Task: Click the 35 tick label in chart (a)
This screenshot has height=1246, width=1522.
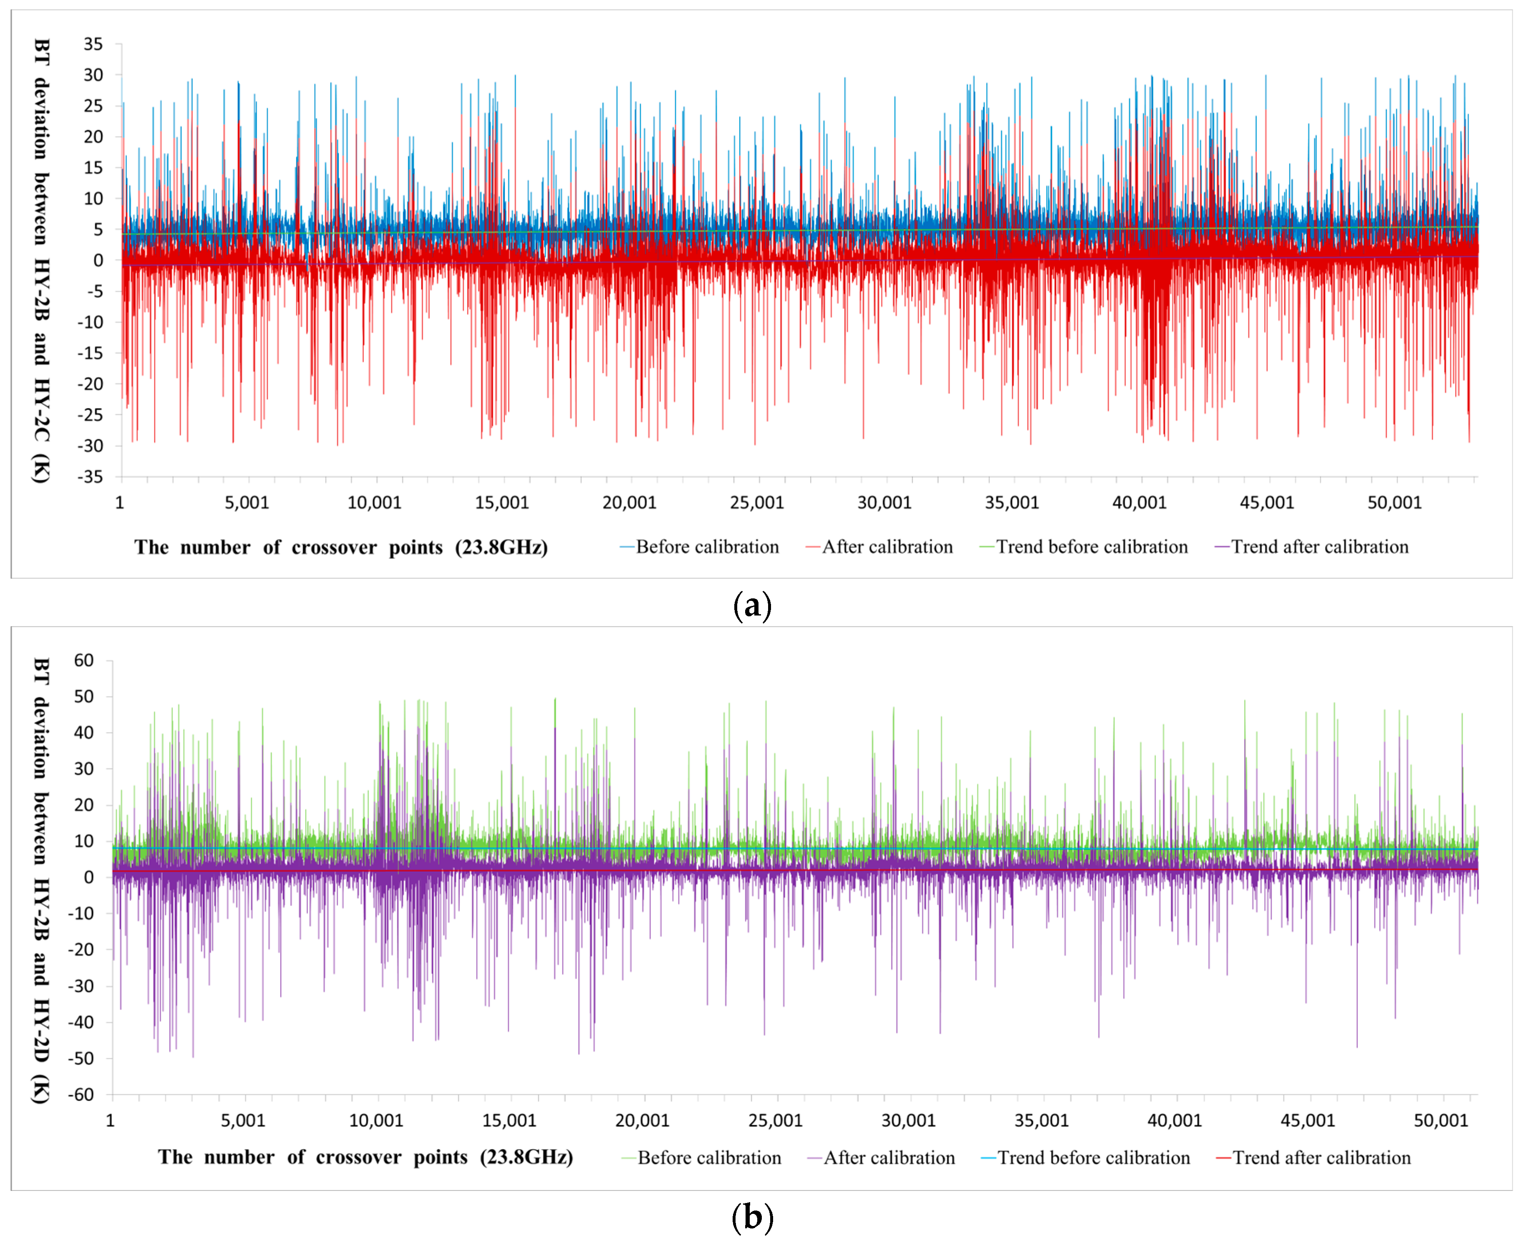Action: (x=93, y=45)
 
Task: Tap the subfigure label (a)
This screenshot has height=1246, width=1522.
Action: (x=752, y=606)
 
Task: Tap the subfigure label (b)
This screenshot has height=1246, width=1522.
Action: (x=752, y=1218)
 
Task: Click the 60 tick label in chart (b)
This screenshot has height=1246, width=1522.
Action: (x=84, y=660)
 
